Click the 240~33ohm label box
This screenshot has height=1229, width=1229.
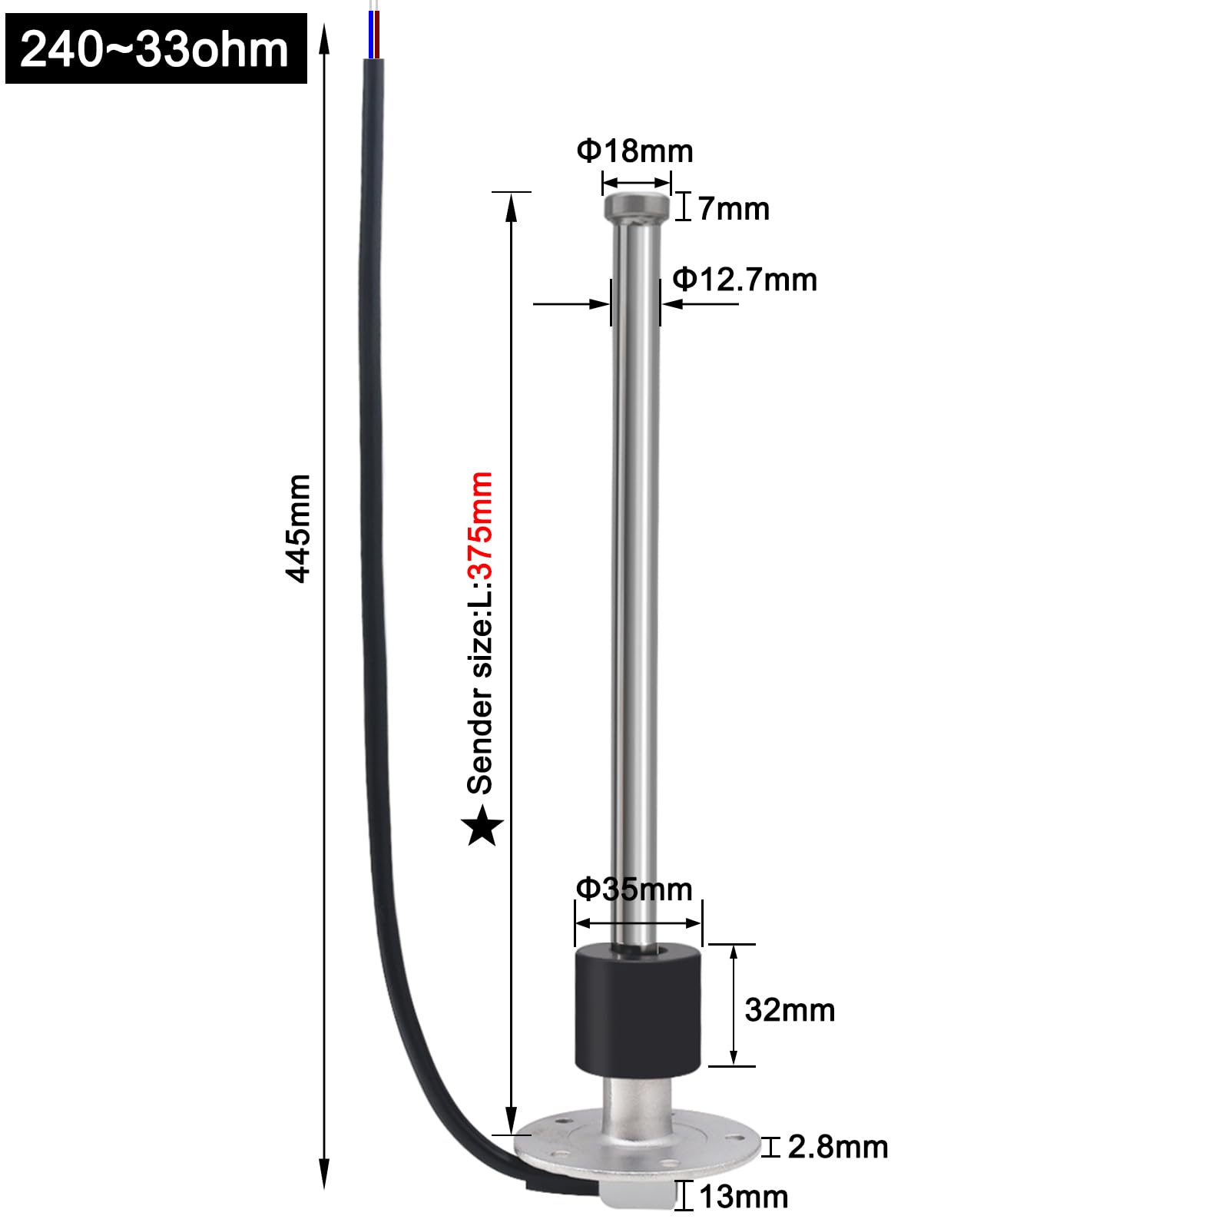pyautogui.click(x=156, y=48)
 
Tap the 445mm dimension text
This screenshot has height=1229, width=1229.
pyautogui.click(x=298, y=528)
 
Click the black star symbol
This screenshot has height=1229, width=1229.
pyautogui.click(x=482, y=827)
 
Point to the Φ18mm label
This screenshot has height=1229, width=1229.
pyautogui.click(x=634, y=151)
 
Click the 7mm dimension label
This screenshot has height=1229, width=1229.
pyautogui.click(x=734, y=209)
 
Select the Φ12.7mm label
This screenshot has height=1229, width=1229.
pyautogui.click(x=744, y=280)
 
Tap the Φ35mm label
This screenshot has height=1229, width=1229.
pyautogui.click(x=634, y=889)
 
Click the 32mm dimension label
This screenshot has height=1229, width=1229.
pyautogui.click(x=790, y=1010)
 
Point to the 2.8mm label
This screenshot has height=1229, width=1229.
pyautogui.click(x=838, y=1147)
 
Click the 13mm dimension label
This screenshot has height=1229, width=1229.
pyautogui.click(x=744, y=1197)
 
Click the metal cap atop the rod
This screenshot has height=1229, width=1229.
pyautogui.click(x=636, y=206)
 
